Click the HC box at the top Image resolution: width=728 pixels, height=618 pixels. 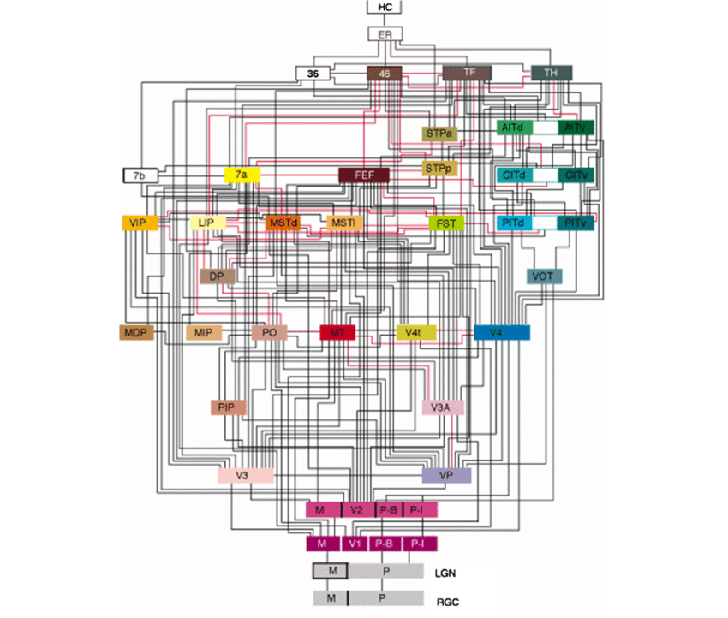[x=385, y=8]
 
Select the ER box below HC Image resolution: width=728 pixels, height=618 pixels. [x=385, y=34]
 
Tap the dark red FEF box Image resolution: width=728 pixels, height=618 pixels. [x=365, y=175]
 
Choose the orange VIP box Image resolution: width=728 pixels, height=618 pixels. [x=134, y=223]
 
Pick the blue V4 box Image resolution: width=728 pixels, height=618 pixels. [x=502, y=332]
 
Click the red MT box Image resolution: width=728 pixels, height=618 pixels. [x=337, y=332]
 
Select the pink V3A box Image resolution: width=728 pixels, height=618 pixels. [x=443, y=407]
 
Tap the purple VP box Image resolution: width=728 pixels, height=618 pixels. [x=446, y=475]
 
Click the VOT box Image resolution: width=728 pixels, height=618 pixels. [x=544, y=276]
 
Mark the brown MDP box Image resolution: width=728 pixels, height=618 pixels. [x=136, y=332]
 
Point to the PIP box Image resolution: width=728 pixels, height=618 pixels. [x=228, y=407]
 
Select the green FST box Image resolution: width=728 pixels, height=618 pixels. [x=446, y=223]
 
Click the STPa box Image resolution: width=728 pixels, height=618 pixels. [x=441, y=134]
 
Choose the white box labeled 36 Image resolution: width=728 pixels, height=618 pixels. [x=313, y=74]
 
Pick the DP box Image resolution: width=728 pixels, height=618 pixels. [x=217, y=276]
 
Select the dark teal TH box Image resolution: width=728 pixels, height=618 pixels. [x=552, y=74]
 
